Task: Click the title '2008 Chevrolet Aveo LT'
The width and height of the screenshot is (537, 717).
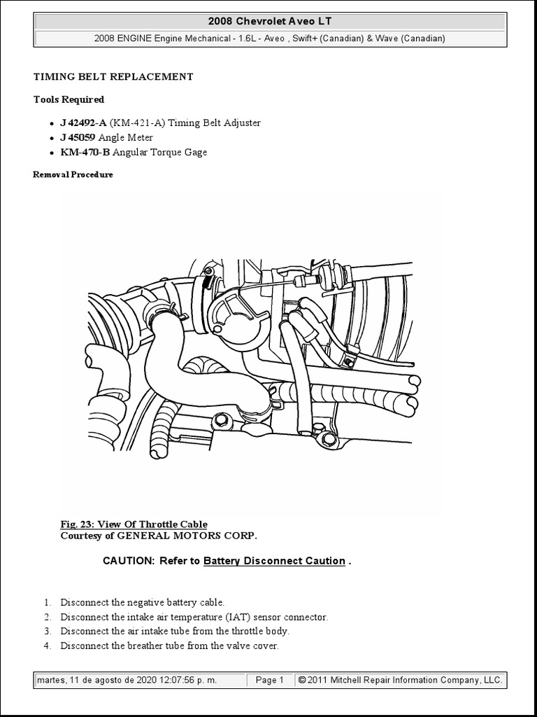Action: (268, 21)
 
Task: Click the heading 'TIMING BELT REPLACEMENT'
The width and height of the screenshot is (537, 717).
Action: (113, 77)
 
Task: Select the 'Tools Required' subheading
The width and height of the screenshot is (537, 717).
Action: (69, 99)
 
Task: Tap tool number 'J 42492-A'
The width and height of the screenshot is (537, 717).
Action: (83, 123)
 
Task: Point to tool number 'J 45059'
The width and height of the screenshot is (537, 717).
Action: (78, 137)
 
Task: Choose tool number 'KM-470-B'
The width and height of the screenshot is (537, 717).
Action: (85, 152)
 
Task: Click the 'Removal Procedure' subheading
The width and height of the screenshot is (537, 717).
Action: (73, 174)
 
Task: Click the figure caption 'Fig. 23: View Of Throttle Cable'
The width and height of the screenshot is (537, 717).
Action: (134, 524)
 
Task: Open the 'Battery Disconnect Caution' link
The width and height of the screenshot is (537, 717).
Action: (274, 561)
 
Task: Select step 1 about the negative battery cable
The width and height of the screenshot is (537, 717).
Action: (143, 602)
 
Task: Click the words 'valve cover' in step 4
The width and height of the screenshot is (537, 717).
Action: (253, 646)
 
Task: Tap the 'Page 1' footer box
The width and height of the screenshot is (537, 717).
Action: (270, 680)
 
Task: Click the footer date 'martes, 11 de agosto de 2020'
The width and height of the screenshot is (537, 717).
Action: (94, 680)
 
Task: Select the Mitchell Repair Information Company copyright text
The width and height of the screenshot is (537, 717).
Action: (399, 680)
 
